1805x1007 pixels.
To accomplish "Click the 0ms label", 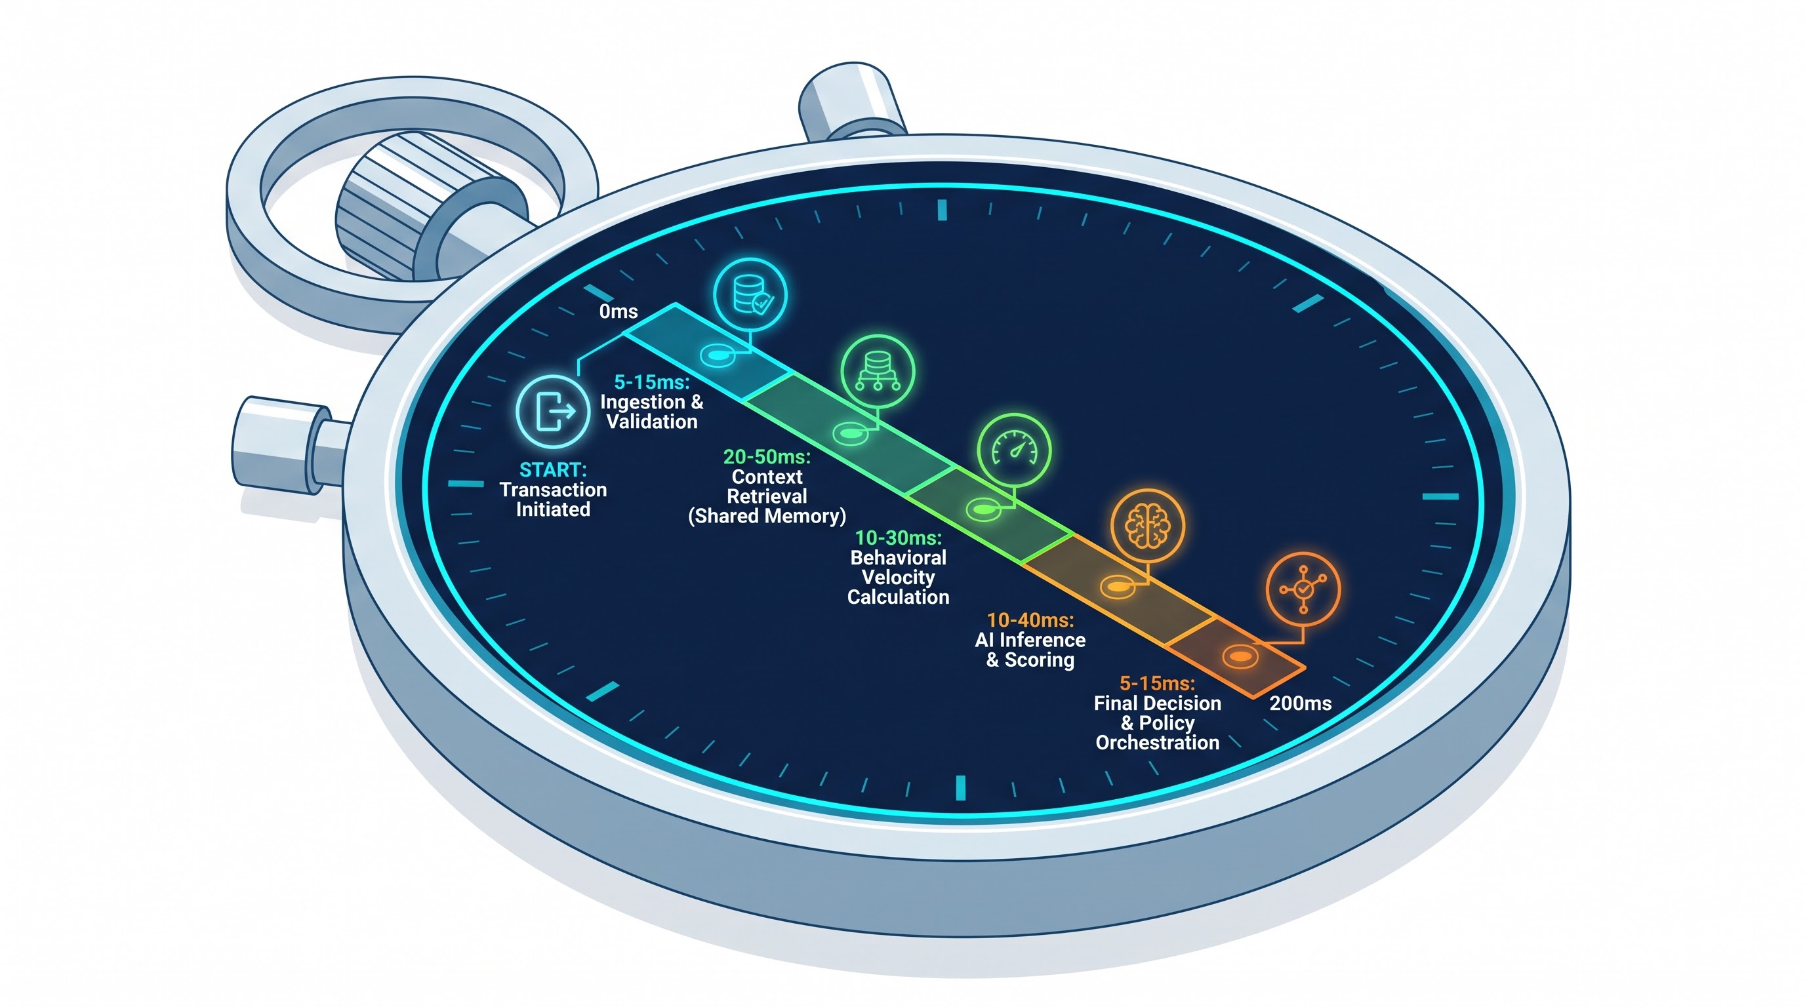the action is pos(618,311).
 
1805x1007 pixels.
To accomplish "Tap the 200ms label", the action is pos(1301,703).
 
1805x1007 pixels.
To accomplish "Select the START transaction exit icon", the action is pos(553,411).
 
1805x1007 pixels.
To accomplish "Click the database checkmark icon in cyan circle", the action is pos(750,294).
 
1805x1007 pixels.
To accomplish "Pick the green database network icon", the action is pos(878,372).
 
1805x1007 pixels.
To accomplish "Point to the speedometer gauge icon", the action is pos(1014,450).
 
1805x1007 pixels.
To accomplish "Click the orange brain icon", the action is pos(1148,526).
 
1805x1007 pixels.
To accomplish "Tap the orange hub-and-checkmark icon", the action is pos(1303,589).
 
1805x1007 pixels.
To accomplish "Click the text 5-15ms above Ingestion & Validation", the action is pos(652,382).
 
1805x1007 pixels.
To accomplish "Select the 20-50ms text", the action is pos(767,456).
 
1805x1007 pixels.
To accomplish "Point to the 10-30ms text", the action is pos(899,538).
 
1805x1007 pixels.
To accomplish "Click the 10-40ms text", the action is pos(1030,620).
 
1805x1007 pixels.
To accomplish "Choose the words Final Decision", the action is pos(1158,703).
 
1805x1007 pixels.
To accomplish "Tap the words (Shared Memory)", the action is pos(767,516).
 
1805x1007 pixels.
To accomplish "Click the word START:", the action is pos(553,470).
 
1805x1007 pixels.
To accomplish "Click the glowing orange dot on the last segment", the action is pos(1240,657).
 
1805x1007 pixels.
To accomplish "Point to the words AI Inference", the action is pos(1030,640).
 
